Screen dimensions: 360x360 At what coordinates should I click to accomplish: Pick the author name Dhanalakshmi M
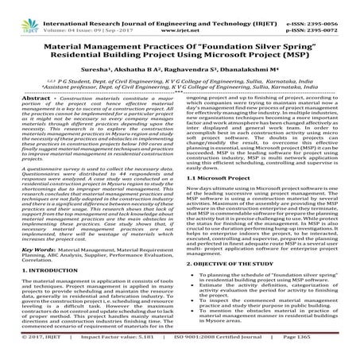[x=242, y=69]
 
